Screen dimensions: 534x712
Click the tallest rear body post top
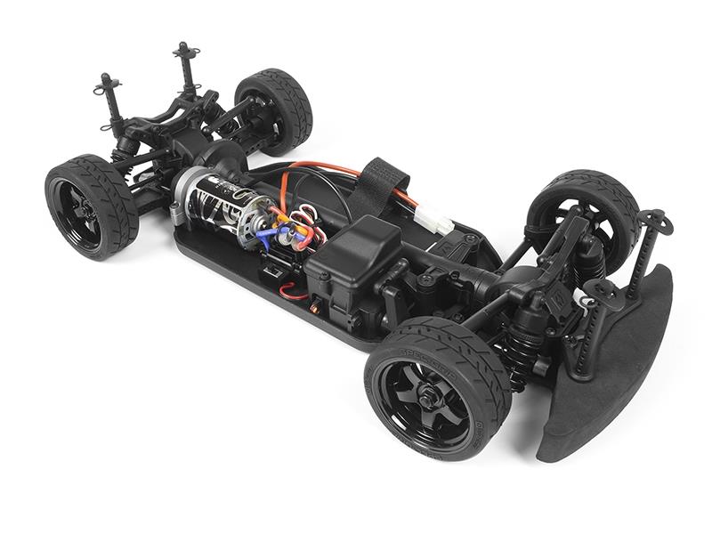(186, 49)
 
